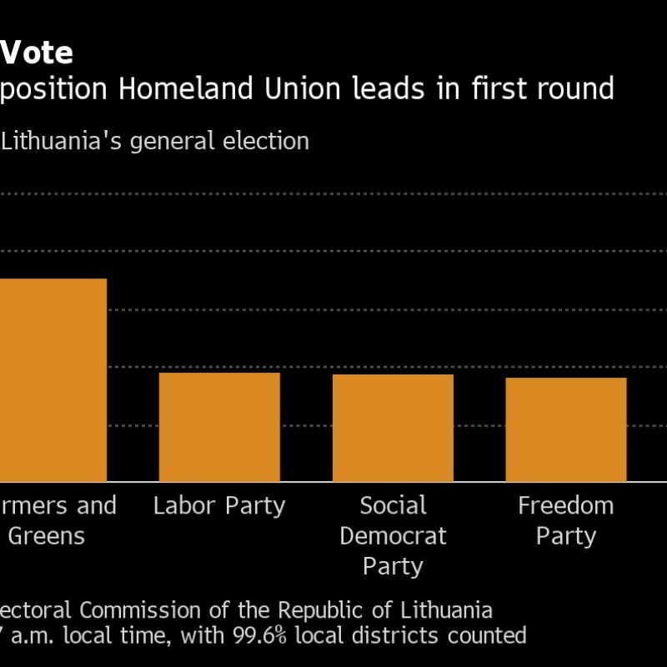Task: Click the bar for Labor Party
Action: (x=219, y=427)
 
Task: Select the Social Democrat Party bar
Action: (x=393, y=428)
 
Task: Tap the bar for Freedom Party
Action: (x=565, y=429)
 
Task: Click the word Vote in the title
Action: (x=37, y=53)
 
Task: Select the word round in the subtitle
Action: (x=573, y=88)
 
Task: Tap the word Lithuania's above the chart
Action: (x=63, y=142)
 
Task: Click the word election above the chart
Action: (x=267, y=142)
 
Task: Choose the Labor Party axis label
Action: (x=219, y=505)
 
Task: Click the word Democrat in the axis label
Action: (x=393, y=536)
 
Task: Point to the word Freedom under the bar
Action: (x=565, y=505)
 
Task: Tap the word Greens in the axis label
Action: (x=47, y=536)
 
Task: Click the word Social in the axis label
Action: (x=393, y=505)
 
